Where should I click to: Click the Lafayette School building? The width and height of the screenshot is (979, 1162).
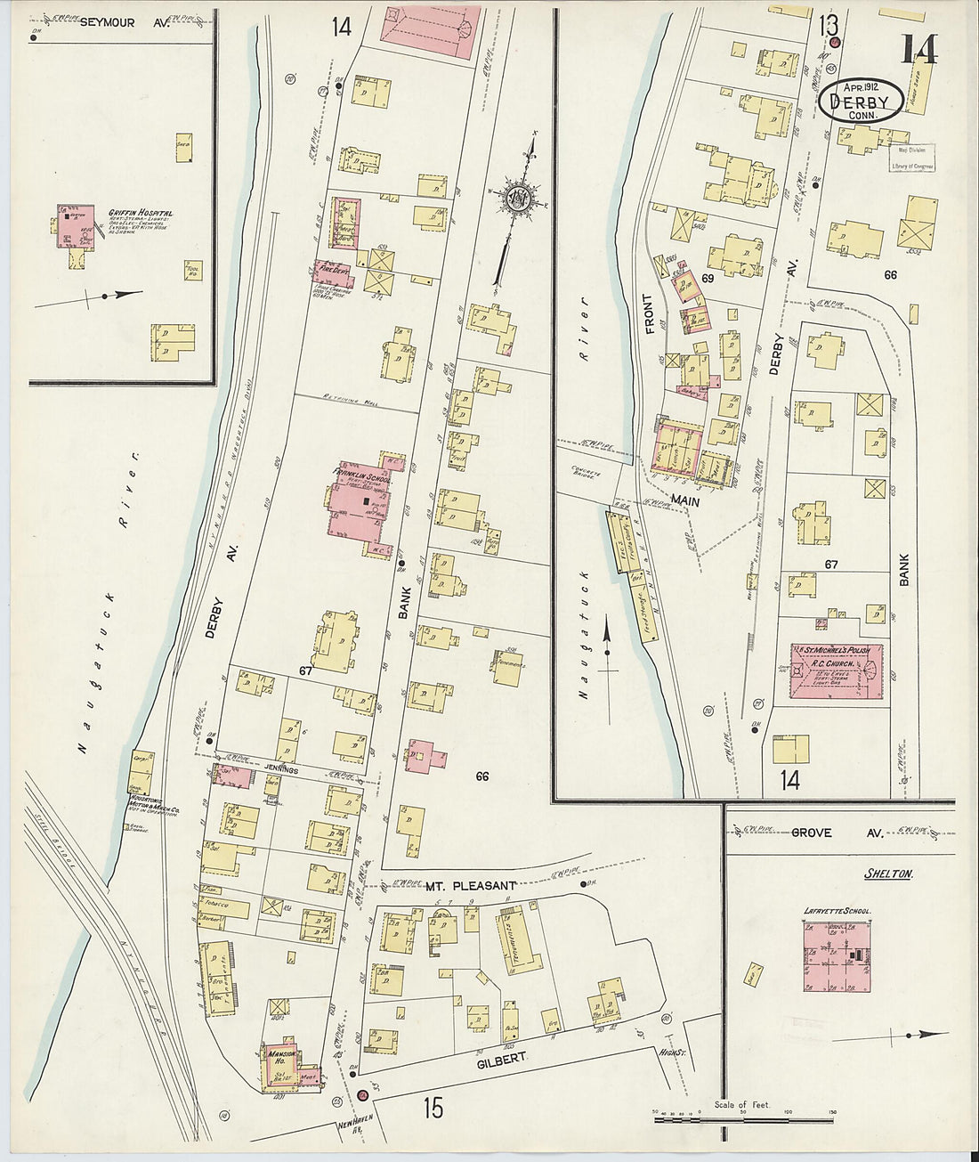click(x=837, y=956)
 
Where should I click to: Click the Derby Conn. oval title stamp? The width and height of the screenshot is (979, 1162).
click(x=862, y=100)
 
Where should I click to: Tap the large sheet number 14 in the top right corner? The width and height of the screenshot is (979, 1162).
click(x=918, y=50)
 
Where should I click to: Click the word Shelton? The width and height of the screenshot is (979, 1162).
click(x=888, y=874)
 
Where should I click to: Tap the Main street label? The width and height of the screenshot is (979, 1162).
click(x=685, y=502)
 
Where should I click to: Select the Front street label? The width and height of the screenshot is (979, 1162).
click(x=649, y=313)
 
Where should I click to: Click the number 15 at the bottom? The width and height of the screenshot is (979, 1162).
click(x=433, y=1109)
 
